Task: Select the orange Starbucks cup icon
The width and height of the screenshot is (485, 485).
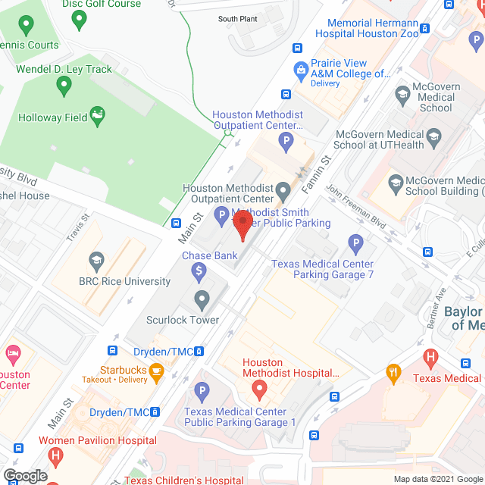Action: tap(156, 371)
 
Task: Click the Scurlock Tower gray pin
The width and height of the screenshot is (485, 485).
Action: tap(202, 300)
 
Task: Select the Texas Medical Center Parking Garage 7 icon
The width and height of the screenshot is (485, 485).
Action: tap(355, 244)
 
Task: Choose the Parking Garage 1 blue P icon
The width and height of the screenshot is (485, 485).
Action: tap(202, 392)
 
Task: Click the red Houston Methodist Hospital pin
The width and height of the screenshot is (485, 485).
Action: tap(258, 391)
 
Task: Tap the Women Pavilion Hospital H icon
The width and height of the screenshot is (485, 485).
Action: tap(55, 456)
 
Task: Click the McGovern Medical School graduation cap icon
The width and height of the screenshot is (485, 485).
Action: tap(403, 95)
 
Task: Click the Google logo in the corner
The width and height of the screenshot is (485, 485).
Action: tap(24, 475)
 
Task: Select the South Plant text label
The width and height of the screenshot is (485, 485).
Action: tap(238, 19)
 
